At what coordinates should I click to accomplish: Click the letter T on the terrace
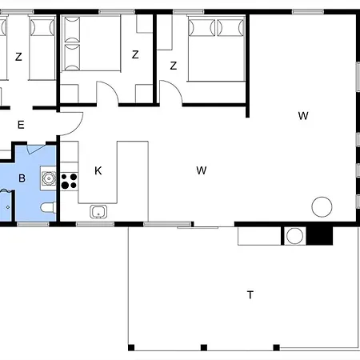pos(250,295)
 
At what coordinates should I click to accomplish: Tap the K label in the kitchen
pos(98,170)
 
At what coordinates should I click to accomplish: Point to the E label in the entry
pos(21,125)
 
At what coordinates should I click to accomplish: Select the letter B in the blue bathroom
pos(22,178)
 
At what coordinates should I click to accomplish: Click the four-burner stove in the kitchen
pos(69,181)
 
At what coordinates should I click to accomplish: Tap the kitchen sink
pos(98,212)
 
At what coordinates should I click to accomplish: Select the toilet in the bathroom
pos(49,208)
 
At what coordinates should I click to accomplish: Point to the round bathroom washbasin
pos(49,178)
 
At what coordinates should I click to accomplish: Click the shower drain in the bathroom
pos(8,207)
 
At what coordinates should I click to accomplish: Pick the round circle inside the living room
pos(322,206)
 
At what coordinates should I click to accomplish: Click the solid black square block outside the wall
pos(319,236)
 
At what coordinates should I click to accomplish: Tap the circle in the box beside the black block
pos(294,236)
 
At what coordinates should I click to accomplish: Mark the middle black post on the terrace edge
pos(204,347)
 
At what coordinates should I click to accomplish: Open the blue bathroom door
pos(35,150)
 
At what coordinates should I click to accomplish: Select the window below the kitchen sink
pos(95,224)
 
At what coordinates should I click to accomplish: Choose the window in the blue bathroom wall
pos(33,224)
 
